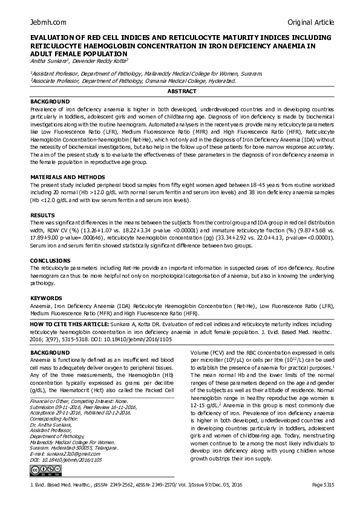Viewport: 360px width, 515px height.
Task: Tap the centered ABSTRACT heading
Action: [182, 91]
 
